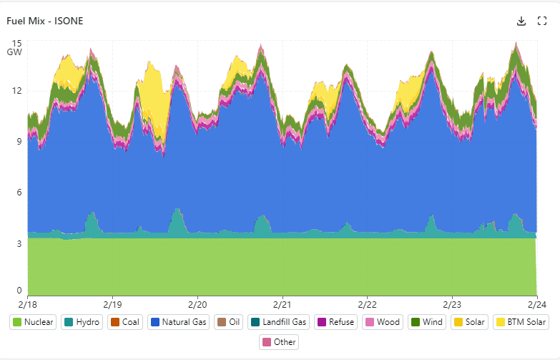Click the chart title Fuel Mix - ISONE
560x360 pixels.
45,21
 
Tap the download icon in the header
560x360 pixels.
521,21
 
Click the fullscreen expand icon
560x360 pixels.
541,21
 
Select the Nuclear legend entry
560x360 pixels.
33,322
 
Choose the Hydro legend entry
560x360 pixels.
82,322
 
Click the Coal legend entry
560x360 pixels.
124,322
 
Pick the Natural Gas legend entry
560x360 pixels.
179,322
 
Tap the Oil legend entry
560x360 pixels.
230,322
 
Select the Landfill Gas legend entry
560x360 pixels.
277,322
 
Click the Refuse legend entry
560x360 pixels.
335,322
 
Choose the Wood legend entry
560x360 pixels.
383,322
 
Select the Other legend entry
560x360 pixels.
278,342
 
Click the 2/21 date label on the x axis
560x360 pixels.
283,304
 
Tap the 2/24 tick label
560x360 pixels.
537,304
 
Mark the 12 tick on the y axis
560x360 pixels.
17,91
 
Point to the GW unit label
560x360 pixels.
15,52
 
